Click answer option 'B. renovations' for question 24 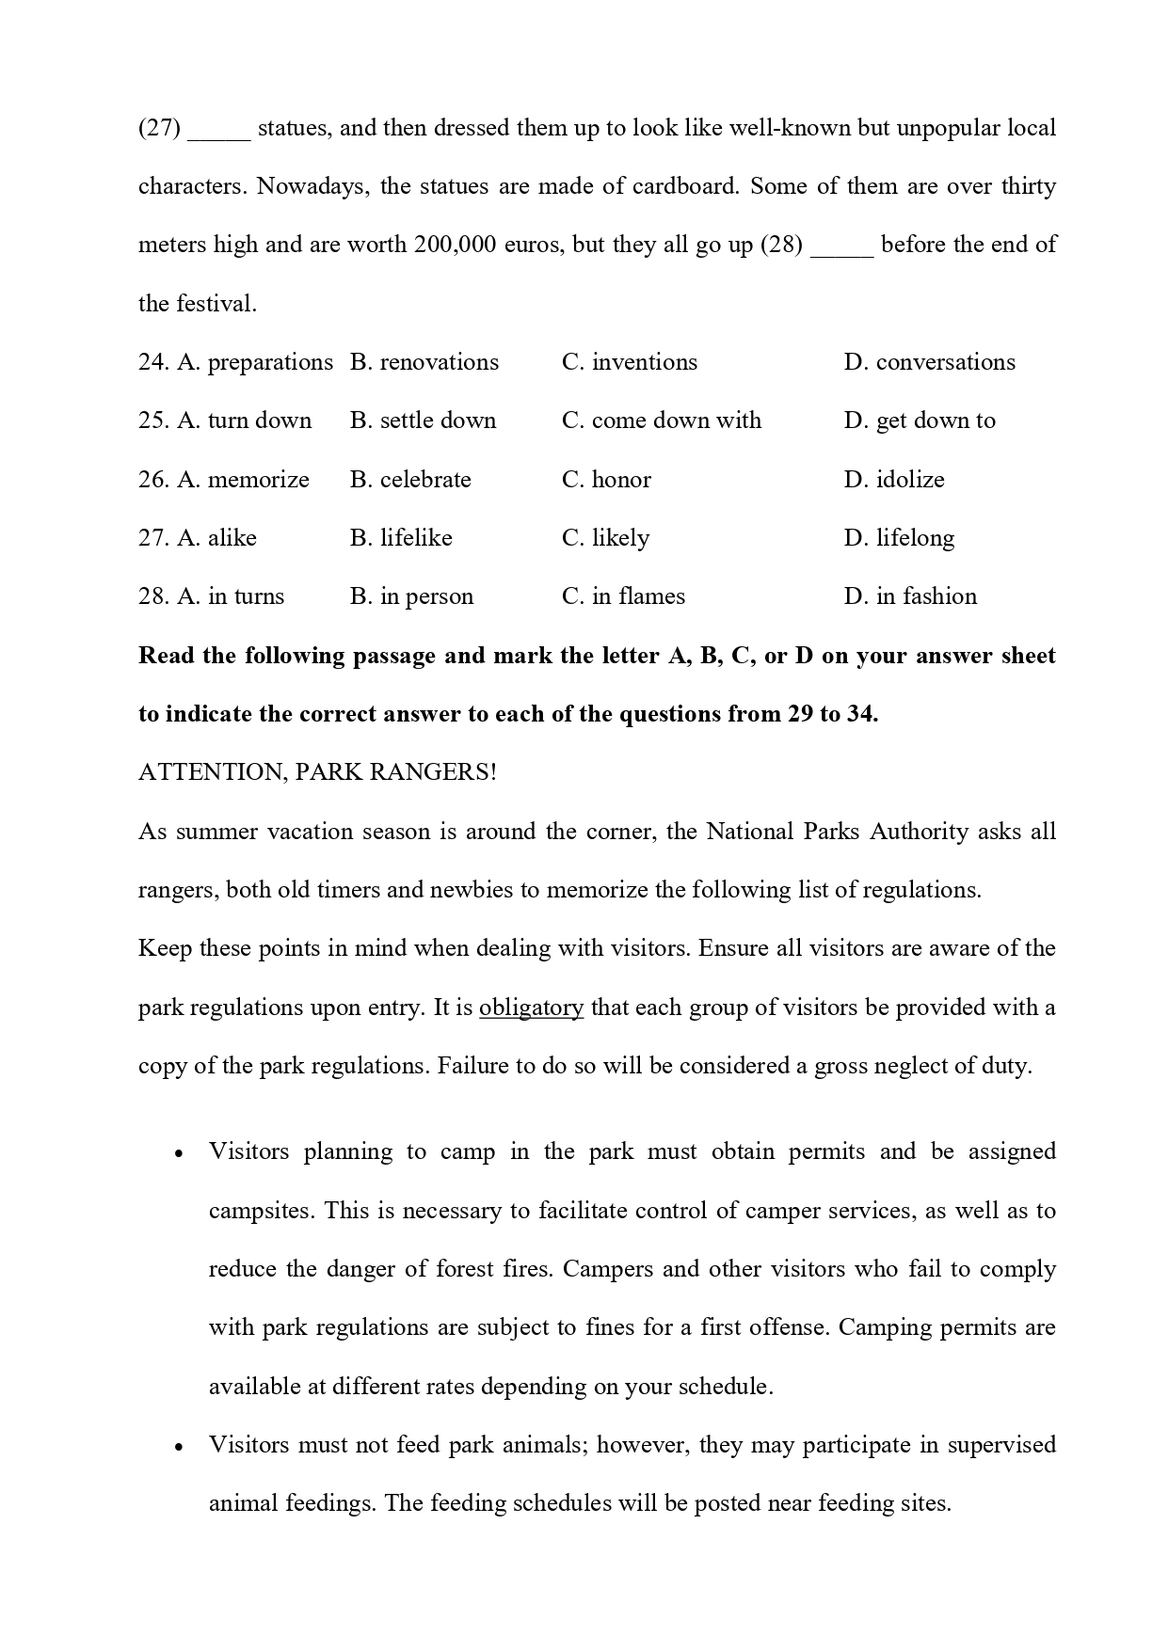pyautogui.click(x=424, y=362)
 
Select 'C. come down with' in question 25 pyautogui.click(x=661, y=421)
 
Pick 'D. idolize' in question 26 pyautogui.click(x=893, y=480)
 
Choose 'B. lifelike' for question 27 pyautogui.click(x=401, y=538)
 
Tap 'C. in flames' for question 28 pyautogui.click(x=623, y=596)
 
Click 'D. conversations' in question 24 pyautogui.click(x=929, y=362)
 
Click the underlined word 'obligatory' pyautogui.click(x=531, y=1008)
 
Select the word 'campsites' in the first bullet pyautogui.click(x=261, y=1211)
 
